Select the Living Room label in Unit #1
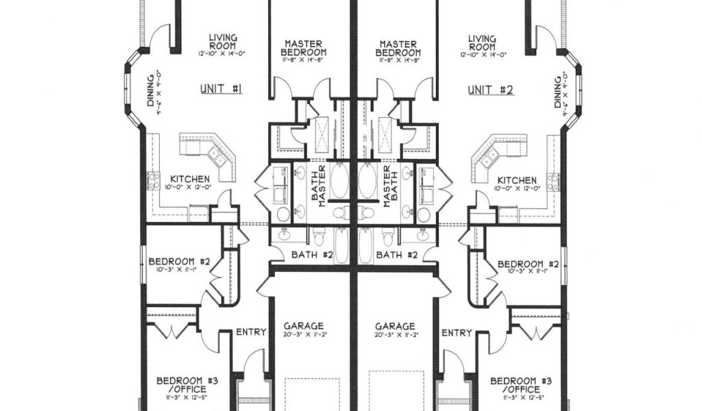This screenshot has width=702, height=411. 223,42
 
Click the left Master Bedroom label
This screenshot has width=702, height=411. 304,48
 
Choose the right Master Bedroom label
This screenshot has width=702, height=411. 398,48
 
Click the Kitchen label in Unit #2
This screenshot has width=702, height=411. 518,179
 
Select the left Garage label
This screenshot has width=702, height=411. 303,326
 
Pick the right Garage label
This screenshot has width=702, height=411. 395,326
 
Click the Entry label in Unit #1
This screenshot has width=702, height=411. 251,332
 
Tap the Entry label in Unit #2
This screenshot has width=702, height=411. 457,332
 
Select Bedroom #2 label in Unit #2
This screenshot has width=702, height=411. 528,264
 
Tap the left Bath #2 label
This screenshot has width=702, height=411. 312,256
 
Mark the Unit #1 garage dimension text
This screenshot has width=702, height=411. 303,336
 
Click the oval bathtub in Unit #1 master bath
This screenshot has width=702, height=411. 340,180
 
